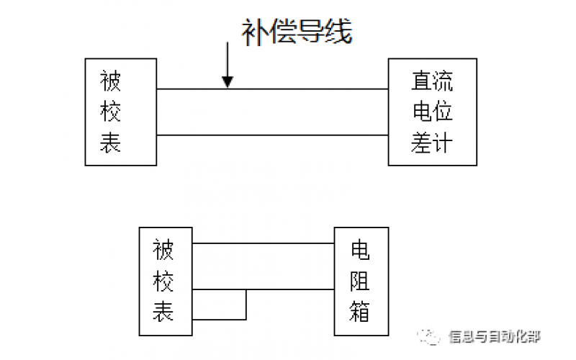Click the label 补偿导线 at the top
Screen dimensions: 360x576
tap(296, 31)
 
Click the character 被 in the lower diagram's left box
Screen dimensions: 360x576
tap(163, 251)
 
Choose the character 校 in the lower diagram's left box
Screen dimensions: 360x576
tap(163, 282)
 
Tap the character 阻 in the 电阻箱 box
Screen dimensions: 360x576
tap(360, 282)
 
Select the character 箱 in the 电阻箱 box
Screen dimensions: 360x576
tap(360, 312)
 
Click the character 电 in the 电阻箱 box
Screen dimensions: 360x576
tap(360, 251)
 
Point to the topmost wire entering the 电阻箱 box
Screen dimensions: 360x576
tap(264, 244)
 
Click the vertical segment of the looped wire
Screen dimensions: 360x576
tap(246, 305)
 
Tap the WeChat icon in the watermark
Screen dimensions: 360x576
tap(432, 336)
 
